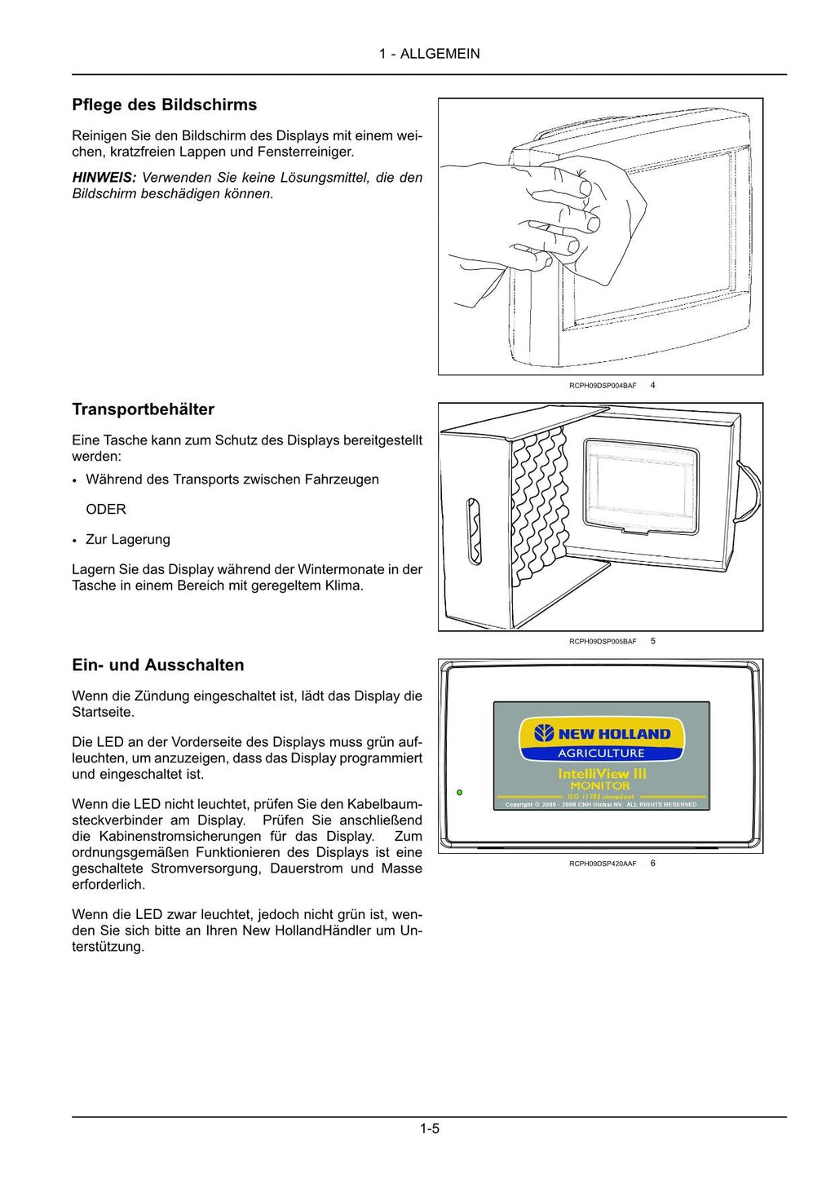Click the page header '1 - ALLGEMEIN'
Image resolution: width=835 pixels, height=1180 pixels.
429,54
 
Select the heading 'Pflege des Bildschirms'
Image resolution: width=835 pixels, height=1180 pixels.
164,105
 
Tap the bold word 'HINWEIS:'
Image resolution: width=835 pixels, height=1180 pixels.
104,178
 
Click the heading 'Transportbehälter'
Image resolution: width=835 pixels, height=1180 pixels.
143,409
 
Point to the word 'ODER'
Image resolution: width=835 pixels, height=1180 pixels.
106,510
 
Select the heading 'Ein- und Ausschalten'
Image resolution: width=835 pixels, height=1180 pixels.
157,665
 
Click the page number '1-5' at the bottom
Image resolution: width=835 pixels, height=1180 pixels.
430,1129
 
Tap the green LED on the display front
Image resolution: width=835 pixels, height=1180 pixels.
460,792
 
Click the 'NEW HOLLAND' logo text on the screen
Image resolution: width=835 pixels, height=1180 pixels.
613,734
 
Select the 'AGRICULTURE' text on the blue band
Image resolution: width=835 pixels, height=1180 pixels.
601,754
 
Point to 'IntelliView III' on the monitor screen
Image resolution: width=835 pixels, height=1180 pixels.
602,773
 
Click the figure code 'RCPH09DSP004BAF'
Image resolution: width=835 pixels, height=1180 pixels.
603,386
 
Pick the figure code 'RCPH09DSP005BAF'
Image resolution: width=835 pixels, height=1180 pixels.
603,642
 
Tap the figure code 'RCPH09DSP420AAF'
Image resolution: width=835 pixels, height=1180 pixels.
603,864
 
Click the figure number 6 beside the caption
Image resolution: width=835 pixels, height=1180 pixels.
653,864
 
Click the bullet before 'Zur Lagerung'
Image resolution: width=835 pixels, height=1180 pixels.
74,541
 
